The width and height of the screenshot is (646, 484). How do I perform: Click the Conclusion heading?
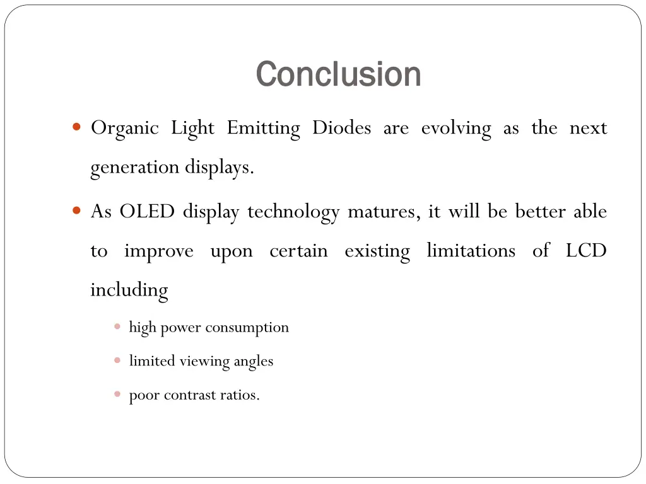[x=339, y=74]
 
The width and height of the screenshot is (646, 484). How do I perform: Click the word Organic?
[x=124, y=129]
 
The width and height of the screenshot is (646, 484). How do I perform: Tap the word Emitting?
[x=263, y=129]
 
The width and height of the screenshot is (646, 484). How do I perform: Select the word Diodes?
[x=341, y=128]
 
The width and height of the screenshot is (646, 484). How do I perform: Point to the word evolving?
[x=455, y=129]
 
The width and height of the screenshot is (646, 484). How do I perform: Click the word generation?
[x=134, y=168]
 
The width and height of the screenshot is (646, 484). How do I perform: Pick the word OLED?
[x=146, y=211]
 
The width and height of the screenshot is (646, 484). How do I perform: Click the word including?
[x=129, y=291]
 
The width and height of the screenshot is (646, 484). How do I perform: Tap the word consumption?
[x=247, y=328]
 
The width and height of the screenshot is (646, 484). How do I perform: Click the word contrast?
[x=189, y=395]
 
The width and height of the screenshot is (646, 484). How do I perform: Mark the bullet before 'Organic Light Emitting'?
[x=76, y=127]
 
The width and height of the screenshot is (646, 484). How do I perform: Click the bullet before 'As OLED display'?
[x=76, y=210]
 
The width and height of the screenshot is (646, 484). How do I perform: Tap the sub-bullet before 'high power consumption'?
[x=117, y=326]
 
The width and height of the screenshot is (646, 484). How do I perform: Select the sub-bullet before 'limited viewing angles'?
[x=117, y=360]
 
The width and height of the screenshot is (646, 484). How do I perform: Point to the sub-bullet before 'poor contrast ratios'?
[x=117, y=395]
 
